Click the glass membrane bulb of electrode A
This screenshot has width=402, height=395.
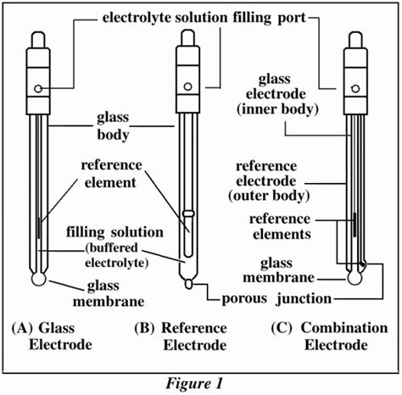pos(38,279)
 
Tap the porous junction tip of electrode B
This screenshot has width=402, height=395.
pos(188,284)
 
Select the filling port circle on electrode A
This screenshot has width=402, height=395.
pos(38,89)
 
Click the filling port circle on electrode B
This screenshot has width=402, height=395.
pos(187,86)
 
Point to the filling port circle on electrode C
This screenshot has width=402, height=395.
pos(355,89)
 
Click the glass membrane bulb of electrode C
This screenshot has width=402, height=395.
pos(355,278)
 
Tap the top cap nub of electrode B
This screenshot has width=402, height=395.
pos(187,38)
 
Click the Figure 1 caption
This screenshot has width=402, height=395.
pos(194,384)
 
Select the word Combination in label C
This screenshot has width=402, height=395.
pos(344,328)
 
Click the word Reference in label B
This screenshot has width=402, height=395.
pos(194,328)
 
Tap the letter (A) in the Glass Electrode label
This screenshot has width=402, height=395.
pos(22,328)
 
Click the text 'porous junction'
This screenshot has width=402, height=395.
pos(276,298)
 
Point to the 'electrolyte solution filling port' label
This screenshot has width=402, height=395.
pos(204,18)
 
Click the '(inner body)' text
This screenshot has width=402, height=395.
pos(277,109)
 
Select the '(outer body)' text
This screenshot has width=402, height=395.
pos(269,196)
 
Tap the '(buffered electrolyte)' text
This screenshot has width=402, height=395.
pos(116,255)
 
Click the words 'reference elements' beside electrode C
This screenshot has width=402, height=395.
pos(280,226)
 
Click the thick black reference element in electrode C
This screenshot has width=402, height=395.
pos(355,225)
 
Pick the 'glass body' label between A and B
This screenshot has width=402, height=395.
pos(113,125)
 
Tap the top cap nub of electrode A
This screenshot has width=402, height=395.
pos(38,40)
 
